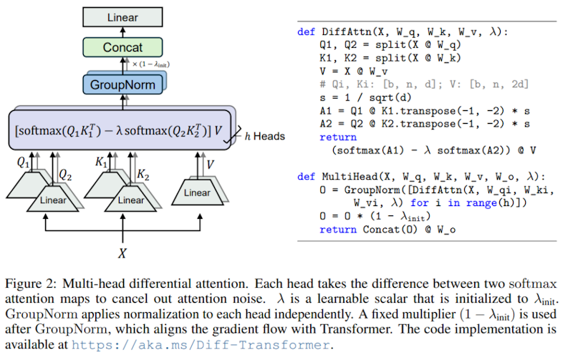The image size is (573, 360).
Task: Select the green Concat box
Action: tap(123, 48)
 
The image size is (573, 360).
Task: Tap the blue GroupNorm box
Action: tap(122, 84)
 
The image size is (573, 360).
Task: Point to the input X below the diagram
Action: tap(122, 253)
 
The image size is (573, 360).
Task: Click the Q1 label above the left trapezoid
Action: tap(24, 163)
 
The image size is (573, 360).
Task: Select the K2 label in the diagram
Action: tap(143, 175)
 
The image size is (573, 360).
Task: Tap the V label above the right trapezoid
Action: tap(211, 164)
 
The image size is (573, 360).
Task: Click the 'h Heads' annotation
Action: tap(264, 135)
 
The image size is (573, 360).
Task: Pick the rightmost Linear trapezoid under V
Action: tap(197, 193)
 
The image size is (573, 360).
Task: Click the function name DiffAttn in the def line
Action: tap(345, 31)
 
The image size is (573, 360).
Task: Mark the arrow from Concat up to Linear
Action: tap(123, 31)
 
